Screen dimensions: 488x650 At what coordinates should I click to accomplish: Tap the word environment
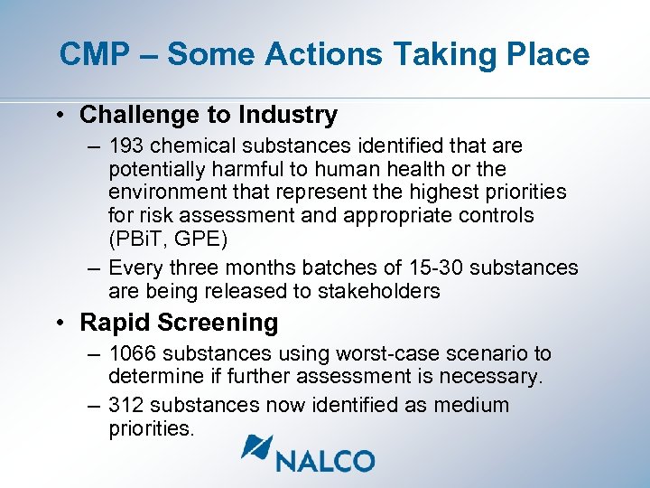[165, 192]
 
